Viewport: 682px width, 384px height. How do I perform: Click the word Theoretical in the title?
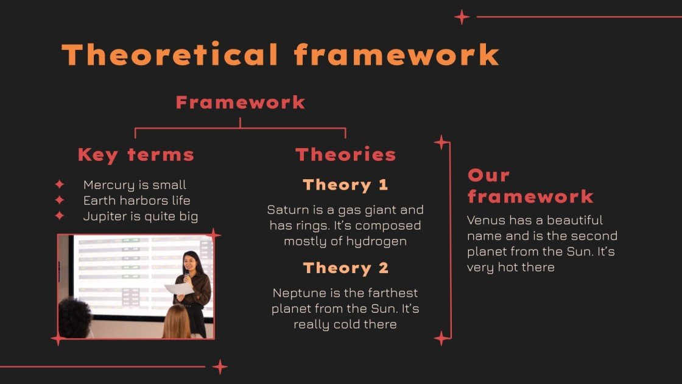170,55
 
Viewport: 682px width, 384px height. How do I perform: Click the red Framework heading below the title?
241,102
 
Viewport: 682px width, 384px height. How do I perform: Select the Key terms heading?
136,155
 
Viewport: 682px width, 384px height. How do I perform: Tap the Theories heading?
345,155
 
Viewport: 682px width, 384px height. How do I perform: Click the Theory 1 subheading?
345,185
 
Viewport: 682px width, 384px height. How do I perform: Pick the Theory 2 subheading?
345,268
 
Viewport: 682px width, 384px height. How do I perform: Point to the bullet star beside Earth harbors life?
60,200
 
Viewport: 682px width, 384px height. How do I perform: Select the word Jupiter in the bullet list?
102,216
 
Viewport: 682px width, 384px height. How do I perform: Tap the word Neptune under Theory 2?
297,293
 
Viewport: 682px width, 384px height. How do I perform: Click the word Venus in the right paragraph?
485,220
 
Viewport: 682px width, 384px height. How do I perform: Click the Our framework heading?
530,185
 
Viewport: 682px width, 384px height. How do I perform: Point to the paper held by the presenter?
178,288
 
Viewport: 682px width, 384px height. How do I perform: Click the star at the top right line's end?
462,17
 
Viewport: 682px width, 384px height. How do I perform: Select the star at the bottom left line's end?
220,366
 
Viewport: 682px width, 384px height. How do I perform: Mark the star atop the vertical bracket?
441,143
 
